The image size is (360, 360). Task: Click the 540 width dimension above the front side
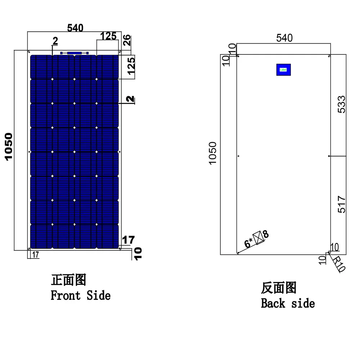75,28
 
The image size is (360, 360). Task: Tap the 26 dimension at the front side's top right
127,40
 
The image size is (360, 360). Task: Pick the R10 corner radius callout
338,264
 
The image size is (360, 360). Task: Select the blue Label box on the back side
283,69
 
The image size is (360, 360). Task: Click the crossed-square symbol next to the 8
258,238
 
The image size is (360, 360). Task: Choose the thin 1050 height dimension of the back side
213,153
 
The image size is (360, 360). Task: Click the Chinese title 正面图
68,280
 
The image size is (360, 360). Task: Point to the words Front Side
80,296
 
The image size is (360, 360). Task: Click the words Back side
288,303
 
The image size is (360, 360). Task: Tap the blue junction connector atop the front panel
75,53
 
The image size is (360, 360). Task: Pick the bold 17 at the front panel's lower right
128,239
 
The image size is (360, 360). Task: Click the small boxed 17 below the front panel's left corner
35,255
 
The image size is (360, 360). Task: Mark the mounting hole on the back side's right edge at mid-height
329,156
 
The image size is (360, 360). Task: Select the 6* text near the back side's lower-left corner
248,243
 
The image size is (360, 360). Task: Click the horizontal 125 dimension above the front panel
108,36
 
